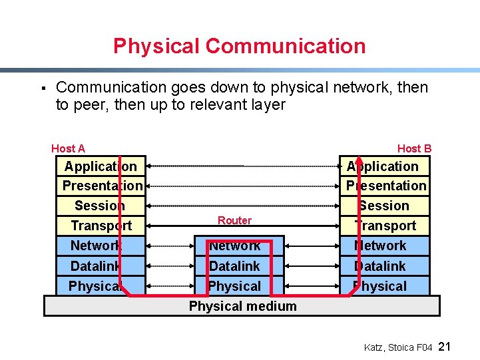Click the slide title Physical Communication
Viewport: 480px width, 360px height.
[x=239, y=46]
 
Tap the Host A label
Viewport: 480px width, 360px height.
[x=68, y=148]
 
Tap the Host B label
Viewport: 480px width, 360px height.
[x=414, y=148]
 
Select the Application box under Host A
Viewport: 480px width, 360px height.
[x=101, y=166]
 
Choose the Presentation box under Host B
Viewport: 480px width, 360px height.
[x=386, y=186]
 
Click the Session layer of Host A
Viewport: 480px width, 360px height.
[x=100, y=206]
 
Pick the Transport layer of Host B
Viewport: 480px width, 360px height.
[x=385, y=226]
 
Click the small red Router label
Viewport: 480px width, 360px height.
[x=234, y=220]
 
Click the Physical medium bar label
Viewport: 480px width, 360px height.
[x=242, y=306]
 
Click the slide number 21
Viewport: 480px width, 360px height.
[x=446, y=347]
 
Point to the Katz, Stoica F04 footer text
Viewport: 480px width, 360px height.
[x=398, y=347]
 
